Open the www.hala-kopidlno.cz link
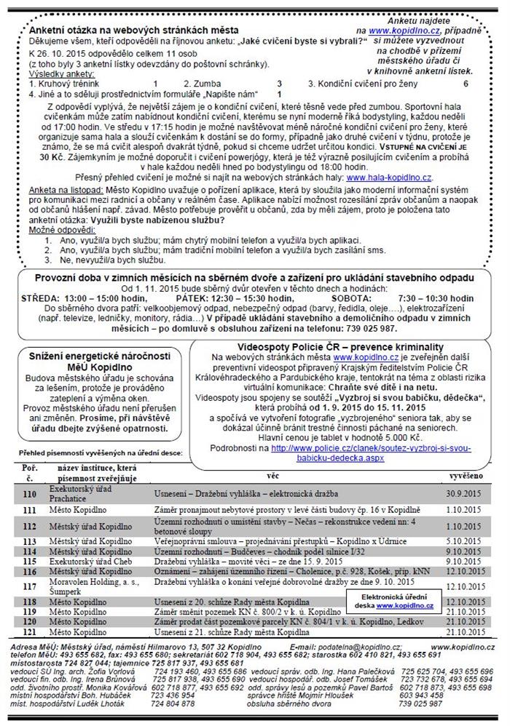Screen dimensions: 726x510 point(390,176)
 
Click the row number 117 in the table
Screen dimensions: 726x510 point(31,586)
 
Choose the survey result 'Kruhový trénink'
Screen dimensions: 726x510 point(63,84)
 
